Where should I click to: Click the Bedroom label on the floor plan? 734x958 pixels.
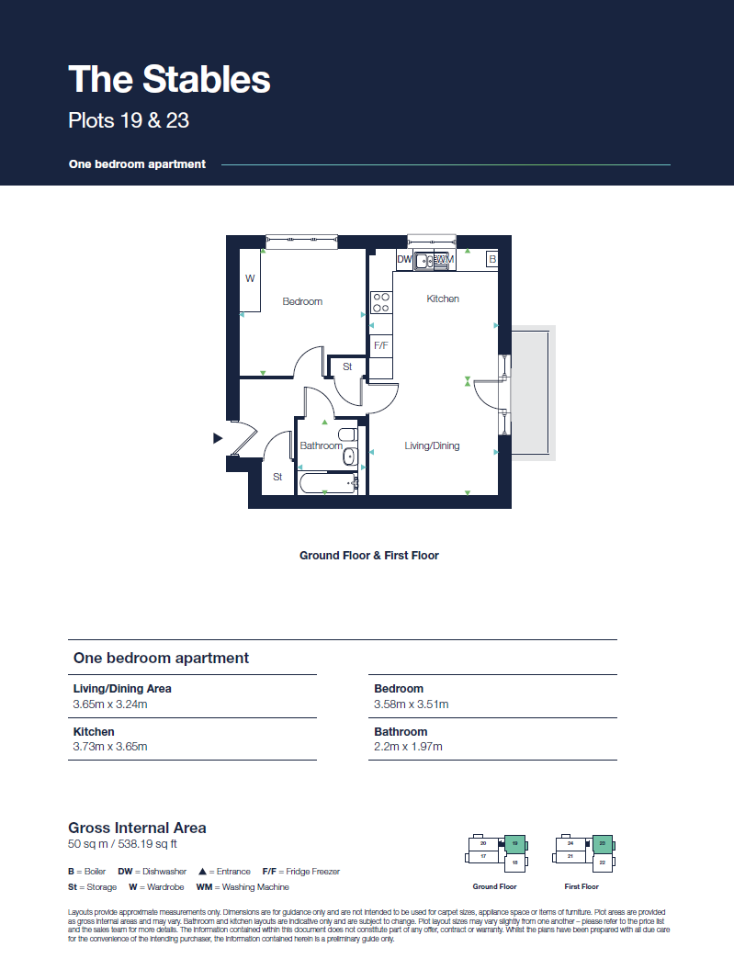tap(302, 301)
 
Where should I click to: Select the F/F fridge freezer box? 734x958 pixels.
tap(380, 345)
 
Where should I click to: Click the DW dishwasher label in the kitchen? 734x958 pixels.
tap(404, 260)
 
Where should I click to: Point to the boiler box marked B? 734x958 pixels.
tap(492, 260)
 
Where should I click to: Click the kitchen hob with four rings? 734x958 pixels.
tap(380, 303)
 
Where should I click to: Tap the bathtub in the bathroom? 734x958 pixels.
tap(327, 483)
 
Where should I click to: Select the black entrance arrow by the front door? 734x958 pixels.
tap(218, 438)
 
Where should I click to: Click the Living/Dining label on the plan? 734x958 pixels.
tap(432, 445)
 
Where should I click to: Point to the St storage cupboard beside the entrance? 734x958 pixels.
tap(277, 477)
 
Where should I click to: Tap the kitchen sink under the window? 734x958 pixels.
tap(425, 261)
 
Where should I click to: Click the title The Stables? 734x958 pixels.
tap(170, 79)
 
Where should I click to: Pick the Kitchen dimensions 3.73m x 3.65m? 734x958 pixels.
tap(110, 747)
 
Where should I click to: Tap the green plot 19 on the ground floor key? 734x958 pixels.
tap(515, 842)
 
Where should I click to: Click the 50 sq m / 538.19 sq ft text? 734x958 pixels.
tap(123, 843)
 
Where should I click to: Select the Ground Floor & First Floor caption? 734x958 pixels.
tap(368, 556)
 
